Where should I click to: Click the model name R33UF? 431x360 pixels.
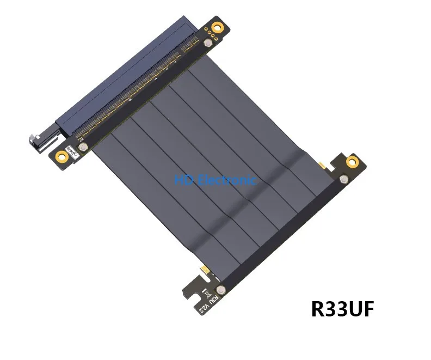tap(342, 308)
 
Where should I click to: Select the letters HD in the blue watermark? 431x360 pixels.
tap(181, 179)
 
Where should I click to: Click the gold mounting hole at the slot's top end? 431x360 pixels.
tap(218, 27)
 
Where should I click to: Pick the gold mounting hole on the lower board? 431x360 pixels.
tap(353, 162)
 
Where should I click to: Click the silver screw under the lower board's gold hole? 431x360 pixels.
tap(343, 179)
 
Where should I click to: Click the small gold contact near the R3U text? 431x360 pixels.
tap(204, 269)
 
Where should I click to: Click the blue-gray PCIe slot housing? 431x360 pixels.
tap(125, 71)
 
